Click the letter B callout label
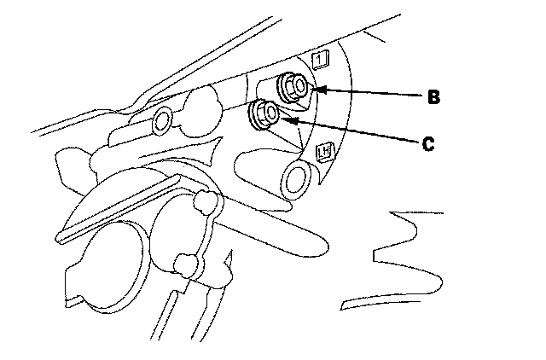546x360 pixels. [x=433, y=97]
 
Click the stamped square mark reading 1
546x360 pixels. [x=321, y=59]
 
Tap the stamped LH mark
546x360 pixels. [x=324, y=153]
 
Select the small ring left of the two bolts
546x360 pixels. [x=160, y=123]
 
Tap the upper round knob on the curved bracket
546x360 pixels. [x=204, y=202]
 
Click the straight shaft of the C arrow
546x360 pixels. [x=354, y=131]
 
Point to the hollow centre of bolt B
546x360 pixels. [x=295, y=84]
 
